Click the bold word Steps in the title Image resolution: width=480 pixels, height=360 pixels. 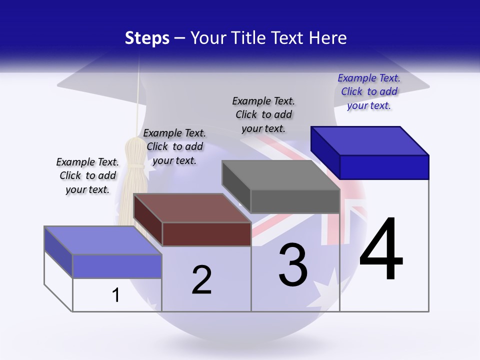pos(147,38)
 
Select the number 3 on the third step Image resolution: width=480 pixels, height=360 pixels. pos(293,264)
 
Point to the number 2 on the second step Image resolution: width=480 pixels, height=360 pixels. pos(201,280)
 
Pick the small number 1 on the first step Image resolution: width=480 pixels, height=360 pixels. pos(116,295)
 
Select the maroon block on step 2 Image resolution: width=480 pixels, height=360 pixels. pos(192,220)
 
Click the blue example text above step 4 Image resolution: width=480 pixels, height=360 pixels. pos(369,91)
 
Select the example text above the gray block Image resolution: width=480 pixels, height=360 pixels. pos(263,114)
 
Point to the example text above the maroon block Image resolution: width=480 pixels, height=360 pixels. pos(174,146)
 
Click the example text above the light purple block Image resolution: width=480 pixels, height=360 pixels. pos(87,175)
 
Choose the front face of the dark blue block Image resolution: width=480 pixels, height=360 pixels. pos(384,167)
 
